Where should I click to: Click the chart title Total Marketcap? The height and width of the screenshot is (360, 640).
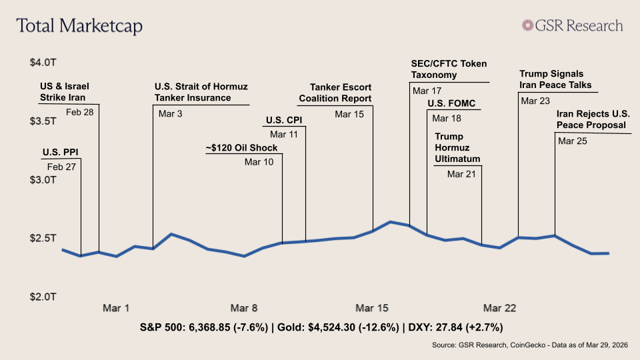click(x=79, y=26)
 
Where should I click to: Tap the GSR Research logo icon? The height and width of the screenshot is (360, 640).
click(x=529, y=25)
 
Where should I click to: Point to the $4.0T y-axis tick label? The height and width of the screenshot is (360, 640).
click(x=43, y=63)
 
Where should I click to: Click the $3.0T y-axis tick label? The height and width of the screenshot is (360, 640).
click(x=43, y=180)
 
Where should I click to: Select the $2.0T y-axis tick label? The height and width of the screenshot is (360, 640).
click(x=43, y=297)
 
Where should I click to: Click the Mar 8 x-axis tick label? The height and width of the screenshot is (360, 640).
click(x=244, y=308)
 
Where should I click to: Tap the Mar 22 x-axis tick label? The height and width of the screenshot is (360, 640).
click(x=500, y=308)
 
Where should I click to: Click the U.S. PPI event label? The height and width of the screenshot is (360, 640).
click(x=60, y=152)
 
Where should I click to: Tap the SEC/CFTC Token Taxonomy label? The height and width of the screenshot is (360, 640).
click(x=449, y=69)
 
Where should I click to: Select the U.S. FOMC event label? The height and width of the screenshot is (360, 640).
click(x=451, y=104)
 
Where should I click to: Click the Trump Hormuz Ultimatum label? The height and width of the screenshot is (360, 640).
click(x=457, y=148)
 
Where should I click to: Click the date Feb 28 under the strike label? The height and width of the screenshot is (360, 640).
click(x=80, y=112)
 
